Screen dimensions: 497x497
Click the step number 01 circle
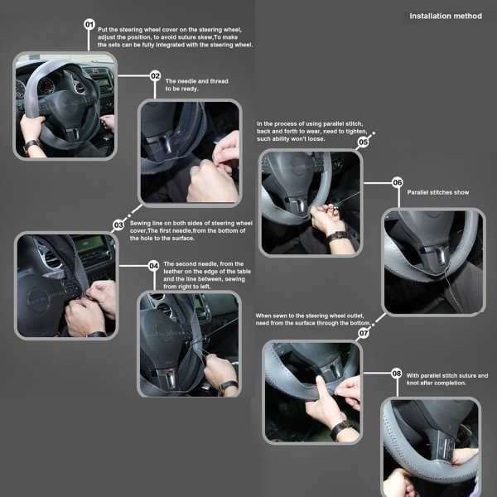[x=89, y=24]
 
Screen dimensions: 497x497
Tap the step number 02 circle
[x=155, y=75]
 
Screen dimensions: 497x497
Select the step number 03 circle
[x=118, y=225]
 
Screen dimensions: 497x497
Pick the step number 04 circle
[x=154, y=266]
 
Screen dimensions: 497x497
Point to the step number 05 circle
[x=364, y=142]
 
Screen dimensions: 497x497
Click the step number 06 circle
[x=397, y=182]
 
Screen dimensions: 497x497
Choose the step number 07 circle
[x=364, y=333]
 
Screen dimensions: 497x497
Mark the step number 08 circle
[x=397, y=374]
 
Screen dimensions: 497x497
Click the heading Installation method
[x=446, y=17]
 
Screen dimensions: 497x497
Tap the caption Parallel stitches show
[x=437, y=192]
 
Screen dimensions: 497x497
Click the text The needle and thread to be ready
[x=196, y=85]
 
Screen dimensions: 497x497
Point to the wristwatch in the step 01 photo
[x=31, y=145]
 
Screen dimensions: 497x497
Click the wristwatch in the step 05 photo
[x=337, y=236]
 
